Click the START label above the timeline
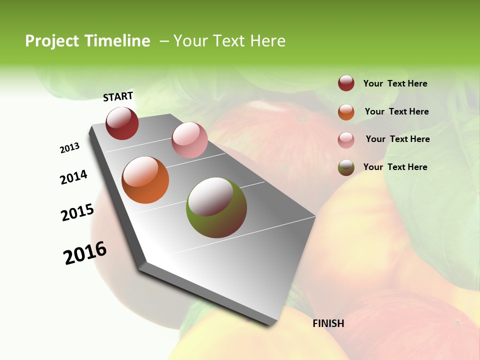118,96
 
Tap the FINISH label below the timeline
328,323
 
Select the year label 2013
69,148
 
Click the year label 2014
73,177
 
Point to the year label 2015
77,212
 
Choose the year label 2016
85,253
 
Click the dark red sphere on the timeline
122,123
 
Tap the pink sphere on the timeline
189,140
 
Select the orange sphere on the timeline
145,180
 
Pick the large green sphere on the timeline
216,207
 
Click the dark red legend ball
346,83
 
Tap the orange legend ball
346,112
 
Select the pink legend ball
346,140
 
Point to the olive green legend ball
346,167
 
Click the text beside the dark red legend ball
395,83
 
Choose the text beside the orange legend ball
396,111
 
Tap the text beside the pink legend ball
397,139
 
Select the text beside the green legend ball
395,167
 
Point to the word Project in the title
52,41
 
